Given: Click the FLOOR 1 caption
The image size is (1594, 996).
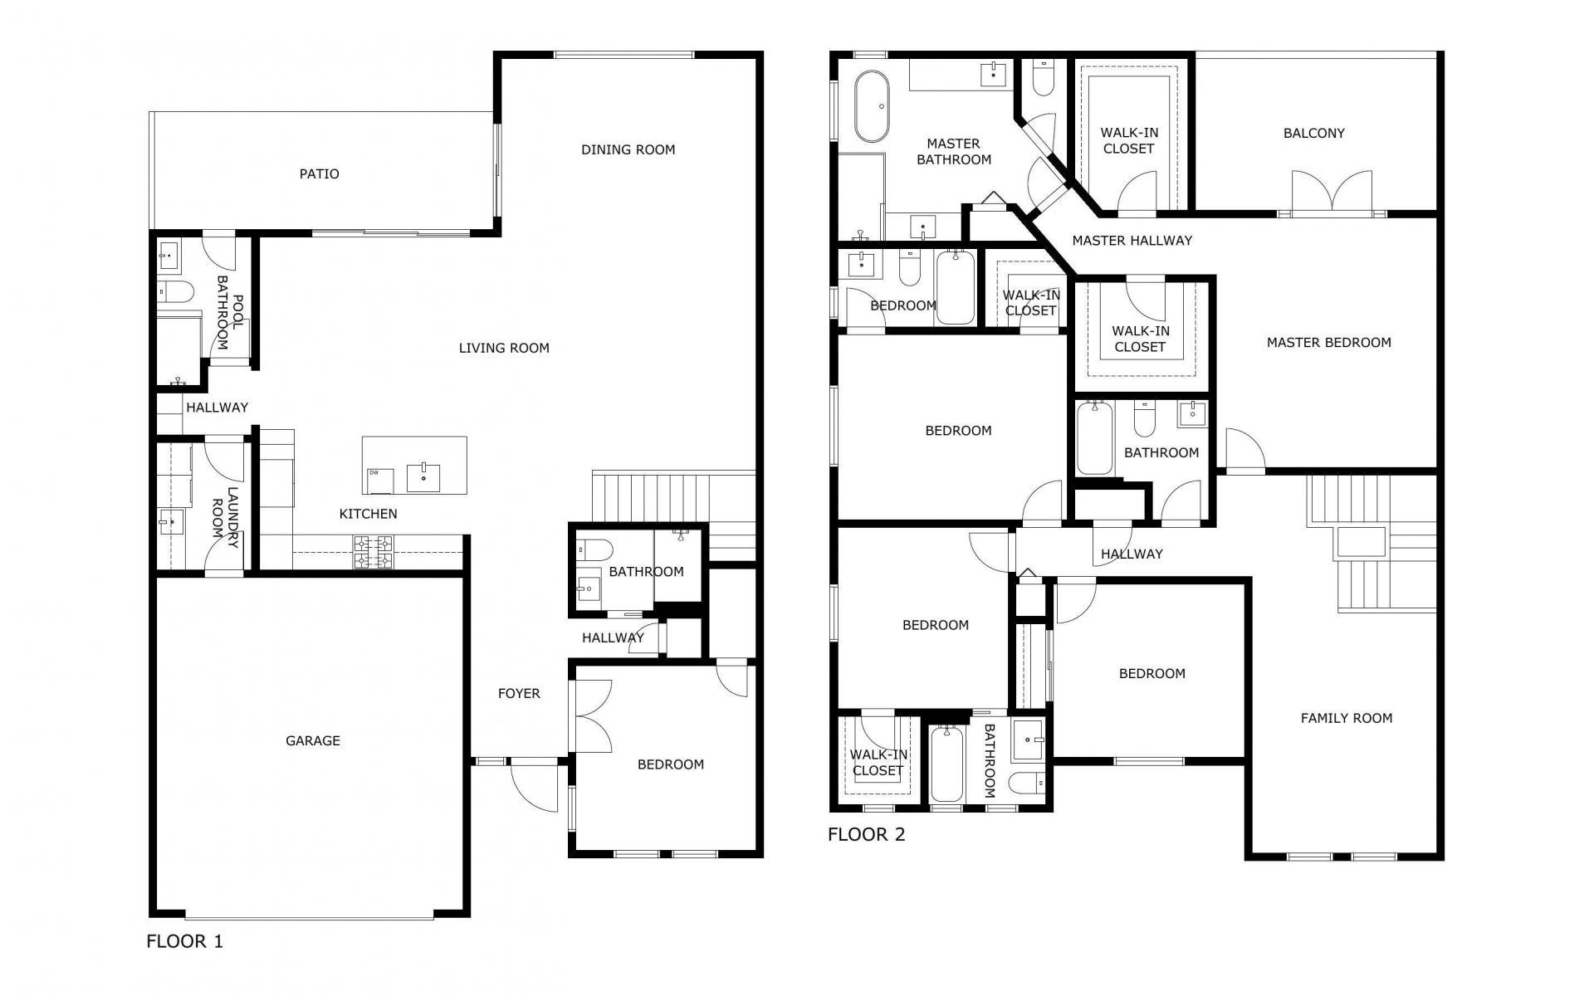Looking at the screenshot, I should [x=184, y=941].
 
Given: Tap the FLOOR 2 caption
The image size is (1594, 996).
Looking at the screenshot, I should [x=866, y=834].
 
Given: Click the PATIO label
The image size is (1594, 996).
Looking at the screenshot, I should [x=319, y=173].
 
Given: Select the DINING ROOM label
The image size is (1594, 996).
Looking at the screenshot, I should [x=628, y=149].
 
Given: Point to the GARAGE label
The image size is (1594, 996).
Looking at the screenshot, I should [x=312, y=740].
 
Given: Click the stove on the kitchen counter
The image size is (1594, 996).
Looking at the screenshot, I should [x=374, y=552].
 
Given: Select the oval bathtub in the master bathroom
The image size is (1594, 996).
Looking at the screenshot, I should [x=872, y=107].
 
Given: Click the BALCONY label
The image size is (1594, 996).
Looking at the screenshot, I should [x=1313, y=133].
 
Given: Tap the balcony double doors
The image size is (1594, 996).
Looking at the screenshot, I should [x=1332, y=193].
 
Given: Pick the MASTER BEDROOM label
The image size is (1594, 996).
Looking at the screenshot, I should [x=1328, y=342].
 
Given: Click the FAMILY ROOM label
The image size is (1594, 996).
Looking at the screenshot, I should [x=1346, y=718].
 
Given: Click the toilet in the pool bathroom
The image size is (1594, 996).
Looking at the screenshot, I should [x=175, y=291].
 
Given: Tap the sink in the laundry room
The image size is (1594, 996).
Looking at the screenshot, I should [x=172, y=522].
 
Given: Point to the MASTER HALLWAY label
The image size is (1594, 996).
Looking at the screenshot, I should [x=1132, y=241].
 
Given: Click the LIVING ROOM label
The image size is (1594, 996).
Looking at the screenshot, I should [x=504, y=348].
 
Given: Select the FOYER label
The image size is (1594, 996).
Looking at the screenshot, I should [x=519, y=693].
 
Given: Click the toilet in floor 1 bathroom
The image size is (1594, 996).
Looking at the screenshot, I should [x=594, y=549].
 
